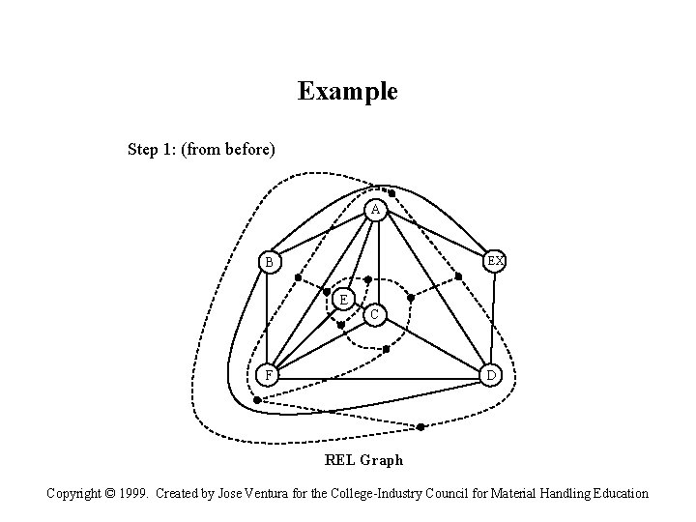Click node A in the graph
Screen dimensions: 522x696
[375, 211]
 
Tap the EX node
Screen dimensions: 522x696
[495, 262]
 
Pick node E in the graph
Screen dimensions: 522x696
[343, 299]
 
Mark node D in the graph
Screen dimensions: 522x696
[490, 375]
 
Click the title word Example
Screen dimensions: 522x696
[347, 92]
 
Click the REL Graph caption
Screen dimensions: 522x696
[363, 460]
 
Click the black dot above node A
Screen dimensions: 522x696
[391, 192]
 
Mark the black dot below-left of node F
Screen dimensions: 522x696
[256, 399]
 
